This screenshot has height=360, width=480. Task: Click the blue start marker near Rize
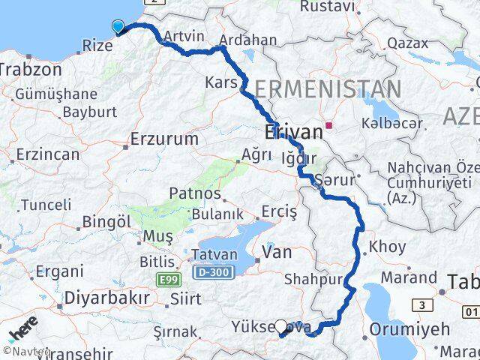(118, 27)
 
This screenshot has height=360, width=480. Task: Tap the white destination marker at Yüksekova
(281, 326)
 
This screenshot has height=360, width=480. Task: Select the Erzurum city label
(164, 139)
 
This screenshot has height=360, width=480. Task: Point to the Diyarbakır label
(106, 297)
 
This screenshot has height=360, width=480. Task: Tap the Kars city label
(221, 81)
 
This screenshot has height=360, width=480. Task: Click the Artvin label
(183, 36)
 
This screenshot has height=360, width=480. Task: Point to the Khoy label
(388, 246)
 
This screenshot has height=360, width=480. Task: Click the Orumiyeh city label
(409, 329)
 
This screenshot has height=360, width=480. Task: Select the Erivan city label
(294, 133)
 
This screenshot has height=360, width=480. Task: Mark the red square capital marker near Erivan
(328, 124)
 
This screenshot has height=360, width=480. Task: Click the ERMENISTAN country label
(327, 90)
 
